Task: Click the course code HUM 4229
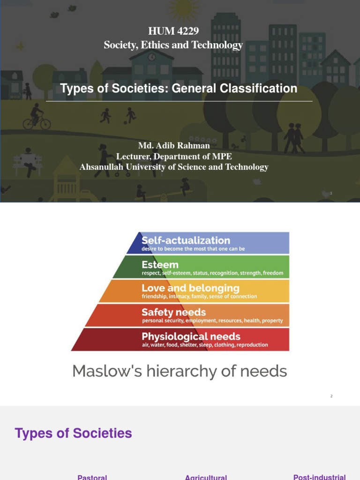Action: click(173, 31)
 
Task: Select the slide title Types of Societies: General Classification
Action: click(179, 89)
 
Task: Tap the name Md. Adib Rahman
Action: click(174, 146)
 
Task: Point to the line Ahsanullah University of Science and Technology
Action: click(174, 167)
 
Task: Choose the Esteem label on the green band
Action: click(160, 265)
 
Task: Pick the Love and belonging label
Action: click(190, 288)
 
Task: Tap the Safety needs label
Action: click(173, 312)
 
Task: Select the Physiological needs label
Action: click(191, 337)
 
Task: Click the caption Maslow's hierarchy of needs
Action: click(180, 371)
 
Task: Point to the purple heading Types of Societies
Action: click(74, 433)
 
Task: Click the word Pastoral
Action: click(92, 477)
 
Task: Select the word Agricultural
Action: click(206, 477)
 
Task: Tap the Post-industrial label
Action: click(319, 477)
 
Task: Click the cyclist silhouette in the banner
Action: click(37, 117)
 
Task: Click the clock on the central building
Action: click(151, 57)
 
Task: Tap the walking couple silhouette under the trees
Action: click(293, 137)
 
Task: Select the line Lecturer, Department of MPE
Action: click(174, 157)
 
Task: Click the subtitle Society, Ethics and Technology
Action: click(173, 45)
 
